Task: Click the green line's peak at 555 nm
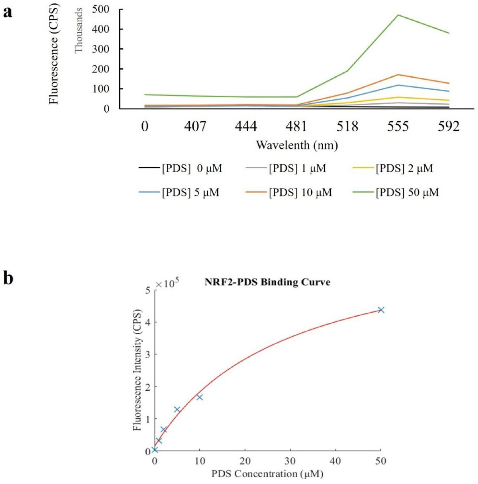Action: [398, 15]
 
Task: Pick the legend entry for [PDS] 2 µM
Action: [404, 168]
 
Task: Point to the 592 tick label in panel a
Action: [448, 127]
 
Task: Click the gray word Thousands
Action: [79, 30]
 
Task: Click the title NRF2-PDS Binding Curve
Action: [267, 282]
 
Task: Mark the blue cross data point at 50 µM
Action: [381, 310]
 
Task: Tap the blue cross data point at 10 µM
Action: [200, 397]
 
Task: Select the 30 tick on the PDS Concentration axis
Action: [290, 461]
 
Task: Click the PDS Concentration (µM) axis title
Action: [267, 474]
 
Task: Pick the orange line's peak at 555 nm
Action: [398, 75]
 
